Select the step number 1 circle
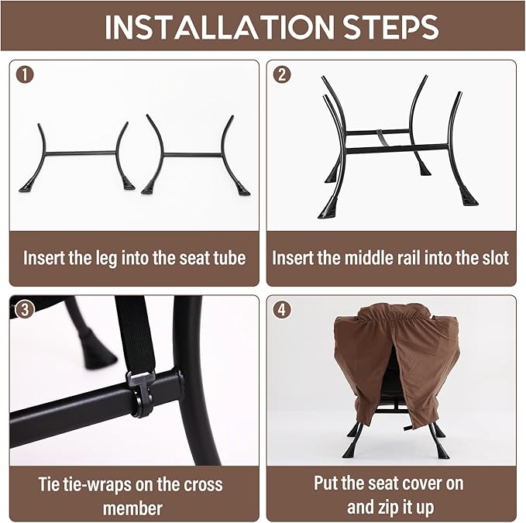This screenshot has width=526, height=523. click(x=25, y=75)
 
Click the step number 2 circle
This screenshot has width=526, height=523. click(x=282, y=75)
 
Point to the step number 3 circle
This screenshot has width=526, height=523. click(x=25, y=309)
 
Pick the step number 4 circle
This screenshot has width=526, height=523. click(x=282, y=309)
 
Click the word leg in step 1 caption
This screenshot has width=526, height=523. click(x=107, y=258)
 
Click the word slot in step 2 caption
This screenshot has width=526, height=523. click(x=493, y=258)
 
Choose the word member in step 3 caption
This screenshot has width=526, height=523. click(x=132, y=508)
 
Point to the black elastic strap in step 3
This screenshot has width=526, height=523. click(x=136, y=335)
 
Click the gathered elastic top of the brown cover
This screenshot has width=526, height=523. click(x=394, y=314)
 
